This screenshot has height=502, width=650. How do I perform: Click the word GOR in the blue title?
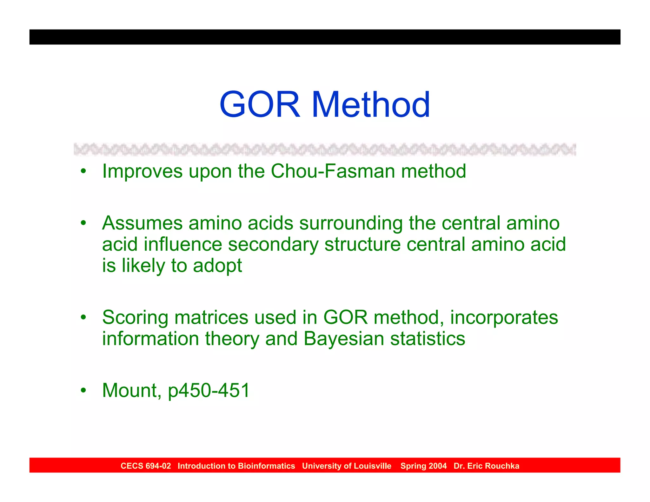click(x=260, y=104)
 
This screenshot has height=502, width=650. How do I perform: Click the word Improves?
click(x=142, y=171)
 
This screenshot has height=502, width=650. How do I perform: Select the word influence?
click(x=182, y=244)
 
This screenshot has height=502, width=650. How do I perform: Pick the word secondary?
click(x=273, y=245)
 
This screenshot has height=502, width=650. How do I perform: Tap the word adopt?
click(x=217, y=266)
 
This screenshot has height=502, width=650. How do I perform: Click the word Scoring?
click(x=135, y=318)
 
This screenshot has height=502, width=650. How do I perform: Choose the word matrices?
click(x=211, y=317)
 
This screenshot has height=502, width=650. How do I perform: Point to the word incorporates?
click(x=504, y=318)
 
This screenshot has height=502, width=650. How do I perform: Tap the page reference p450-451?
click(x=209, y=391)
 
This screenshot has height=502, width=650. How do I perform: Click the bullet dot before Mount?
click(x=83, y=390)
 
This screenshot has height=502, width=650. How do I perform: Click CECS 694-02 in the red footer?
click(x=146, y=466)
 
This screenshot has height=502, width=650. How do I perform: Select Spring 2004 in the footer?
click(x=423, y=466)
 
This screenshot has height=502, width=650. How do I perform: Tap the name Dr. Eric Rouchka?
click(x=486, y=466)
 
